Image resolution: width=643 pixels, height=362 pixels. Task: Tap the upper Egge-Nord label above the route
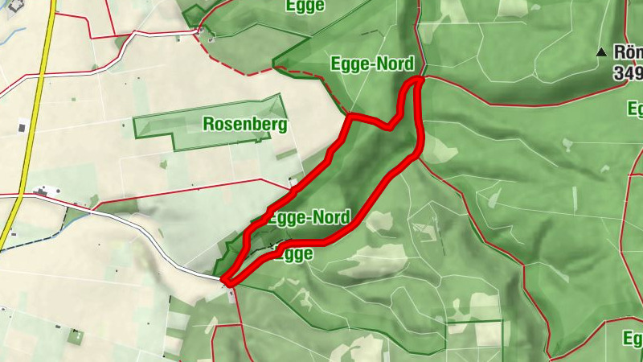pyautogui.click(x=372, y=64)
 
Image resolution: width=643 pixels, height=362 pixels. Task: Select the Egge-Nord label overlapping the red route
pyautogui.click(x=309, y=217)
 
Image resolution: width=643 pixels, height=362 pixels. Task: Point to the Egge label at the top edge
pyautogui.click(x=305, y=6)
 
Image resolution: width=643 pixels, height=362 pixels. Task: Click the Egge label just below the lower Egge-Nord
pyautogui.click(x=293, y=253)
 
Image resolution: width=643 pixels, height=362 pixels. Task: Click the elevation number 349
pyautogui.click(x=627, y=73)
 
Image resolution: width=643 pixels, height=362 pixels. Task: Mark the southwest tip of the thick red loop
pyautogui.click(x=227, y=282)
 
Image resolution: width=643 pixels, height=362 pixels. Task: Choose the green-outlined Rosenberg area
pyautogui.click(x=161, y=129)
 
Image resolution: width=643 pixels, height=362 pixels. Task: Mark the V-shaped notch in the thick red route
pyautogui.click(x=391, y=125)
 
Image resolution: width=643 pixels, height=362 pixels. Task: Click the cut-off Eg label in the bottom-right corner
pyautogui.click(x=633, y=338)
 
